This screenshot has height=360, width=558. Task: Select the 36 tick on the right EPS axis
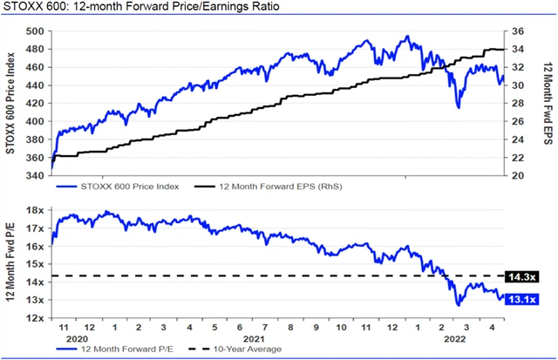pos(515,31)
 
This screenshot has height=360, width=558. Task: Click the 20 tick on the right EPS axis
pos(515,175)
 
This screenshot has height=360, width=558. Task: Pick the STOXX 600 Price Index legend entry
pos(121,187)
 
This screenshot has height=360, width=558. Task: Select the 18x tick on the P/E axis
pos(35,211)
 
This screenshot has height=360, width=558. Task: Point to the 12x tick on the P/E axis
pos(35,318)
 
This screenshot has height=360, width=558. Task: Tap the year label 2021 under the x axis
pos(253,337)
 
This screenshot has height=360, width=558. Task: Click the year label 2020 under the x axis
pos(78,337)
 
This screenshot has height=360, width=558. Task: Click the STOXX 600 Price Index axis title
pos(12,103)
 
